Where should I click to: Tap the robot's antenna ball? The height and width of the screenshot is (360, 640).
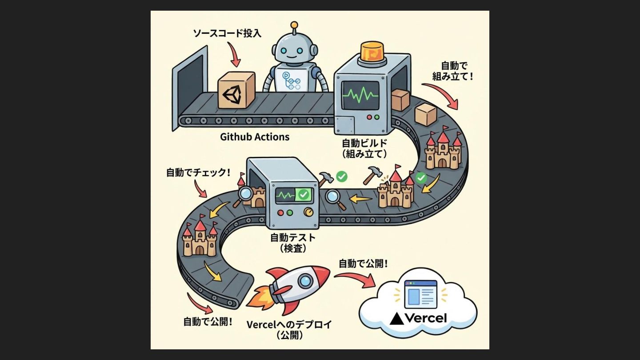(294, 25)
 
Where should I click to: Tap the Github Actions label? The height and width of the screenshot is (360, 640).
(255, 136)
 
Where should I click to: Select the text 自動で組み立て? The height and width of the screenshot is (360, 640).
(453, 71)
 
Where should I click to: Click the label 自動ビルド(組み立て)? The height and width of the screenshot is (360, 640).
(364, 149)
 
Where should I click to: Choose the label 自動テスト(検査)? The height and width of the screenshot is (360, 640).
(293, 243)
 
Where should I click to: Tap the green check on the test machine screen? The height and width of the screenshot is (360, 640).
(304, 194)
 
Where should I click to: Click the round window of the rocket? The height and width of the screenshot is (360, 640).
(305, 280)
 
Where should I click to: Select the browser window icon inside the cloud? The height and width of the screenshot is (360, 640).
(420, 293)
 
